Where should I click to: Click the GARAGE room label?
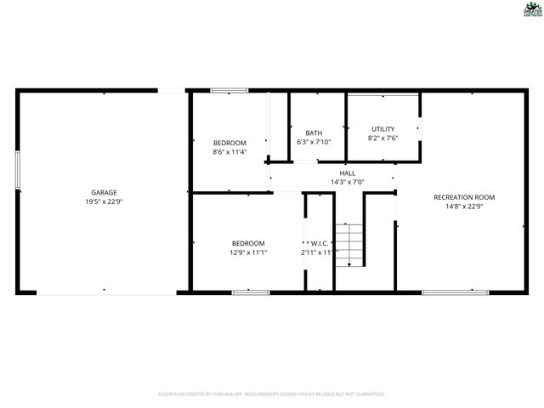105,192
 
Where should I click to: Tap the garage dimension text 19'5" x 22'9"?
105,201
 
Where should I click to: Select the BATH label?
314,133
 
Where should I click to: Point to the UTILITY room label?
382,129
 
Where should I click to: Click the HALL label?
347,173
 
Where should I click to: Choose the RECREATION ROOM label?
464,197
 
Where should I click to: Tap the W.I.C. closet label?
320,243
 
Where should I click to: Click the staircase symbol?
348,244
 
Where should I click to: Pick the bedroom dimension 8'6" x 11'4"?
229,152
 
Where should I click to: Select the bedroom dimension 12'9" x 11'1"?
248,252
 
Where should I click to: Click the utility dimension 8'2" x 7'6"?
382,139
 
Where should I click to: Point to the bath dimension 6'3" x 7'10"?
314,142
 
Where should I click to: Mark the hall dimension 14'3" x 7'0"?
347,182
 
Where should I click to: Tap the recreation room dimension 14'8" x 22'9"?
464,207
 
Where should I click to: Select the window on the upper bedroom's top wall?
229,89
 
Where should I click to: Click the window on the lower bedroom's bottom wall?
251,292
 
